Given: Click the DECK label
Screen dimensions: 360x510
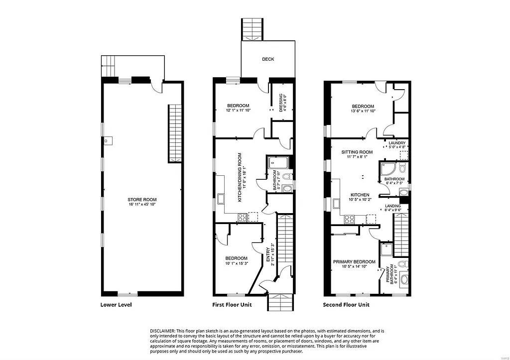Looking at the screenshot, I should click(x=268, y=59).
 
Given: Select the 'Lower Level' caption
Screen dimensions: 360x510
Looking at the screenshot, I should click(x=116, y=305).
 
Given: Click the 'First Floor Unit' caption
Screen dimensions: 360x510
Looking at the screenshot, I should click(x=232, y=305).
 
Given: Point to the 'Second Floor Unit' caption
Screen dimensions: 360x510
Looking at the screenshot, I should click(x=346, y=305).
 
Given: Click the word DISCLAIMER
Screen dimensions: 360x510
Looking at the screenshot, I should click(x=162, y=331).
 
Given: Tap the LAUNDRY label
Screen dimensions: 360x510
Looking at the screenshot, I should click(x=397, y=143).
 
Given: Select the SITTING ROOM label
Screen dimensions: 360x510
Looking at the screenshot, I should click(x=357, y=152).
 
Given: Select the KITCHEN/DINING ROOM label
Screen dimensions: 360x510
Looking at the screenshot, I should click(x=240, y=177).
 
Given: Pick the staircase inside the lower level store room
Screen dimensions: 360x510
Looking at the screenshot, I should click(x=174, y=133).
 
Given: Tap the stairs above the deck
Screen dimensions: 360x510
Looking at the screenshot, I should click(x=253, y=29).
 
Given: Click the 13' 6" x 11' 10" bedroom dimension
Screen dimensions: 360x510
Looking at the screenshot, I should click(x=363, y=111).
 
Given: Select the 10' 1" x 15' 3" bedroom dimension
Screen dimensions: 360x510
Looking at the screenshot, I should click(x=236, y=263).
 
